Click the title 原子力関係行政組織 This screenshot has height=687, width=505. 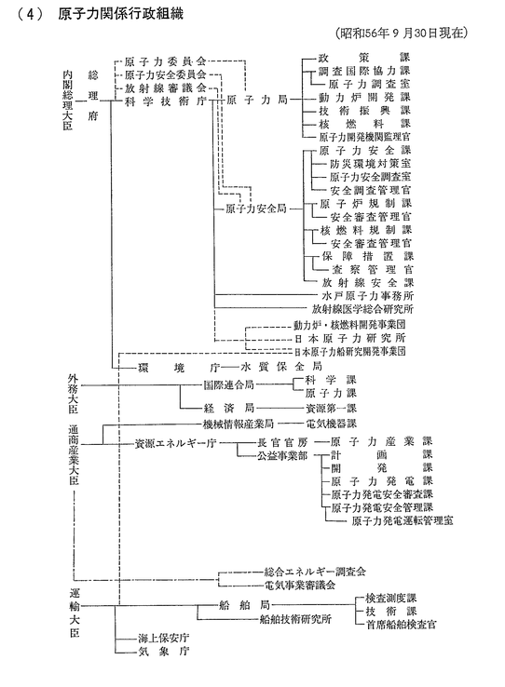120,14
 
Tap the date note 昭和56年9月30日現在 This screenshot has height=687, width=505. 401,33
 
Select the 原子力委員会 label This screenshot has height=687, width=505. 165,61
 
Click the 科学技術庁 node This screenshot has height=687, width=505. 165,101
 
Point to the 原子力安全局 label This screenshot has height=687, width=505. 255,209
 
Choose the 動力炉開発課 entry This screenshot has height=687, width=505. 364,97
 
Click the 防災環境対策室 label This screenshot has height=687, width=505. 371,164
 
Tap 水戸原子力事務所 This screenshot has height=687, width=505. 368,296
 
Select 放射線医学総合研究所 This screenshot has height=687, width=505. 362,309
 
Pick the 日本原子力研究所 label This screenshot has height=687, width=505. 349,338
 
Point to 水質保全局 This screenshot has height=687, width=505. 281,366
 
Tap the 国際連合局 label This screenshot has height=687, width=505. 228,385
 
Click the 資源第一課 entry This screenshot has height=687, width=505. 331,409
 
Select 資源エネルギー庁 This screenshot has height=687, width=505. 175,443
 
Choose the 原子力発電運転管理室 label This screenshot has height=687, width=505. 403,520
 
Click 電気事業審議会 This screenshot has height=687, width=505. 300,585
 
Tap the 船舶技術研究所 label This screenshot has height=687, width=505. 295,619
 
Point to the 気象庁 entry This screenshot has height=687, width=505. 163,651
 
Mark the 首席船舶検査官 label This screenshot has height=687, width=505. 401,625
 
